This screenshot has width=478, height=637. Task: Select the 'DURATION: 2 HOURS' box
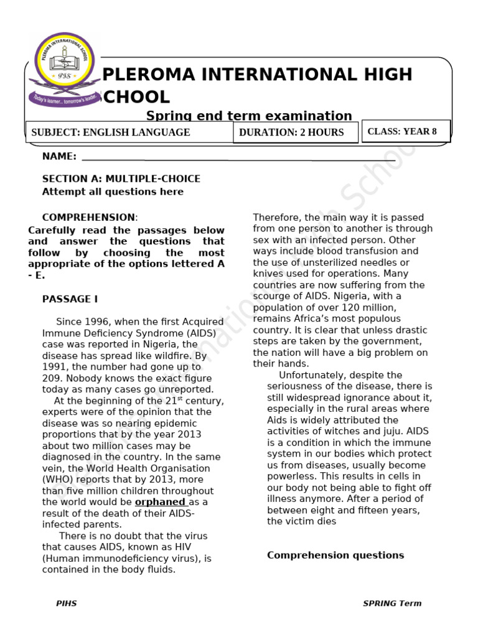pyautogui.click(x=296, y=133)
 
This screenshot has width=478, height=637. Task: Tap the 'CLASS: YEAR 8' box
pyautogui.click(x=406, y=131)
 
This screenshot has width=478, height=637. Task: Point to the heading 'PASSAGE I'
pyautogui.click(x=70, y=299)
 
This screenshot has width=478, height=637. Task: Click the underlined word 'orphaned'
pyautogui.click(x=160, y=502)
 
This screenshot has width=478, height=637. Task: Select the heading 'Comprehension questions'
pyautogui.click(x=335, y=556)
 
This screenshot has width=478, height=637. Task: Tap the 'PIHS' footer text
pyautogui.click(x=67, y=603)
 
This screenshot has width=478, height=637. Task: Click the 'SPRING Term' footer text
pyautogui.click(x=392, y=603)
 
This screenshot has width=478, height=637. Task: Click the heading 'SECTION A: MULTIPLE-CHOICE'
pyautogui.click(x=121, y=179)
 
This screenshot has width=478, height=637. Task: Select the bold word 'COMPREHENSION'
pyautogui.click(x=88, y=218)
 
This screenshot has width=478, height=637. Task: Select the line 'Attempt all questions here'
pyautogui.click(x=113, y=192)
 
